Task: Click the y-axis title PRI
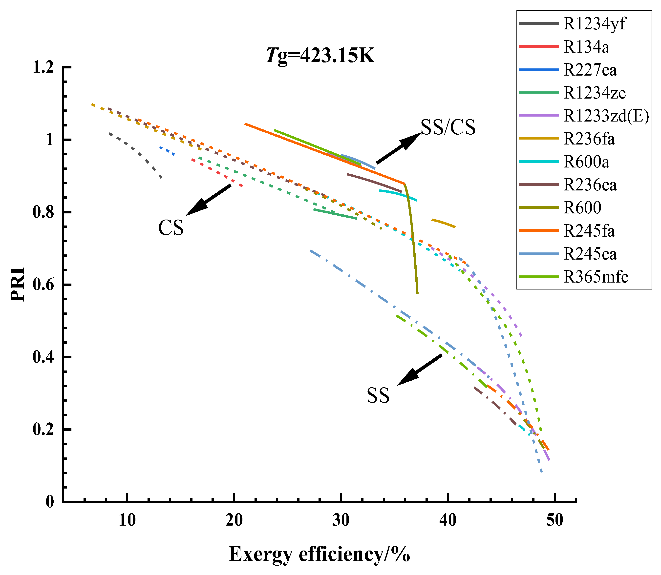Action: pyautogui.click(x=18, y=284)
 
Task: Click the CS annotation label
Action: pyautogui.click(x=171, y=228)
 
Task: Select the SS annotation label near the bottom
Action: pyautogui.click(x=378, y=395)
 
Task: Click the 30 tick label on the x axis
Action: pyautogui.click(x=341, y=520)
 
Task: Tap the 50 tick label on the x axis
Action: pyautogui.click(x=555, y=520)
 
